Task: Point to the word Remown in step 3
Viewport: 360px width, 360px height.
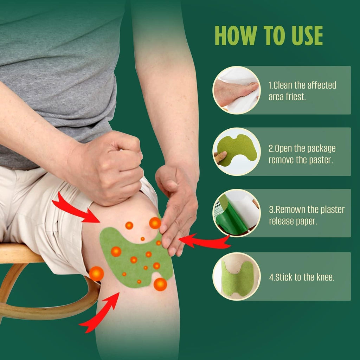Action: [290, 210]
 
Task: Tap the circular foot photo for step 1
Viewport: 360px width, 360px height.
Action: [237, 90]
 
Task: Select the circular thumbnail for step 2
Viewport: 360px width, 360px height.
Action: [237, 152]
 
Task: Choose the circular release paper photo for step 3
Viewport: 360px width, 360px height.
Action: [237, 213]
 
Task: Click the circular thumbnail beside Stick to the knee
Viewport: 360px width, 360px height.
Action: [237, 276]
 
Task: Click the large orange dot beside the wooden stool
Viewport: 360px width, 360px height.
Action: [96, 274]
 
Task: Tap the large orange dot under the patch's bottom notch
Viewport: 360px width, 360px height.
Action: [160, 284]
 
